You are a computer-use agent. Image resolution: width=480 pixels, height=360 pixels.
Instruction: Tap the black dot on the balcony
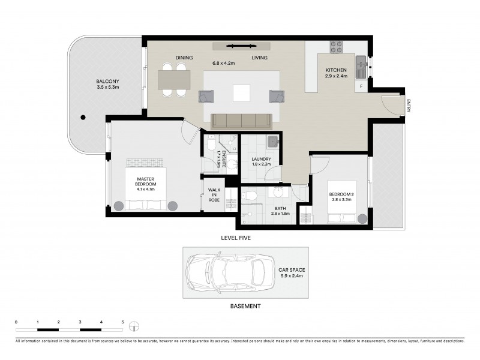[x=84, y=118]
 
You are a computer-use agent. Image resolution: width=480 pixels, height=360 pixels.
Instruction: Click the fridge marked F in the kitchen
[x=361, y=86]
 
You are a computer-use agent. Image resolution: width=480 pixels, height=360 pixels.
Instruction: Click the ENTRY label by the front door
[x=409, y=105]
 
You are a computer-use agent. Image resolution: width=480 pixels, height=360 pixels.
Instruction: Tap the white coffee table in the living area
[x=242, y=93]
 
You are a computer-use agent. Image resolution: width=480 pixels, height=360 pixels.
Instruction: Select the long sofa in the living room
[x=242, y=120]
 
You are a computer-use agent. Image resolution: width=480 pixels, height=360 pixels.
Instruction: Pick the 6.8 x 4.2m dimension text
[x=223, y=62]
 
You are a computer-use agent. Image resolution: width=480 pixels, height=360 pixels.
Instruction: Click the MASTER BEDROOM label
[x=145, y=182]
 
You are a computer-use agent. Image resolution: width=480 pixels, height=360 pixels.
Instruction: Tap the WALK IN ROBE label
[x=214, y=195]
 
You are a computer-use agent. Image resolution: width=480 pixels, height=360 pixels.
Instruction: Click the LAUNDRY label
[x=262, y=159]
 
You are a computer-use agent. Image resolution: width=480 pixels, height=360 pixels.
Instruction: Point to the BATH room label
[x=280, y=209]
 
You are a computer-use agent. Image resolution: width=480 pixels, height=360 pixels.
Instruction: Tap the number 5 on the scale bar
[x=122, y=322]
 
